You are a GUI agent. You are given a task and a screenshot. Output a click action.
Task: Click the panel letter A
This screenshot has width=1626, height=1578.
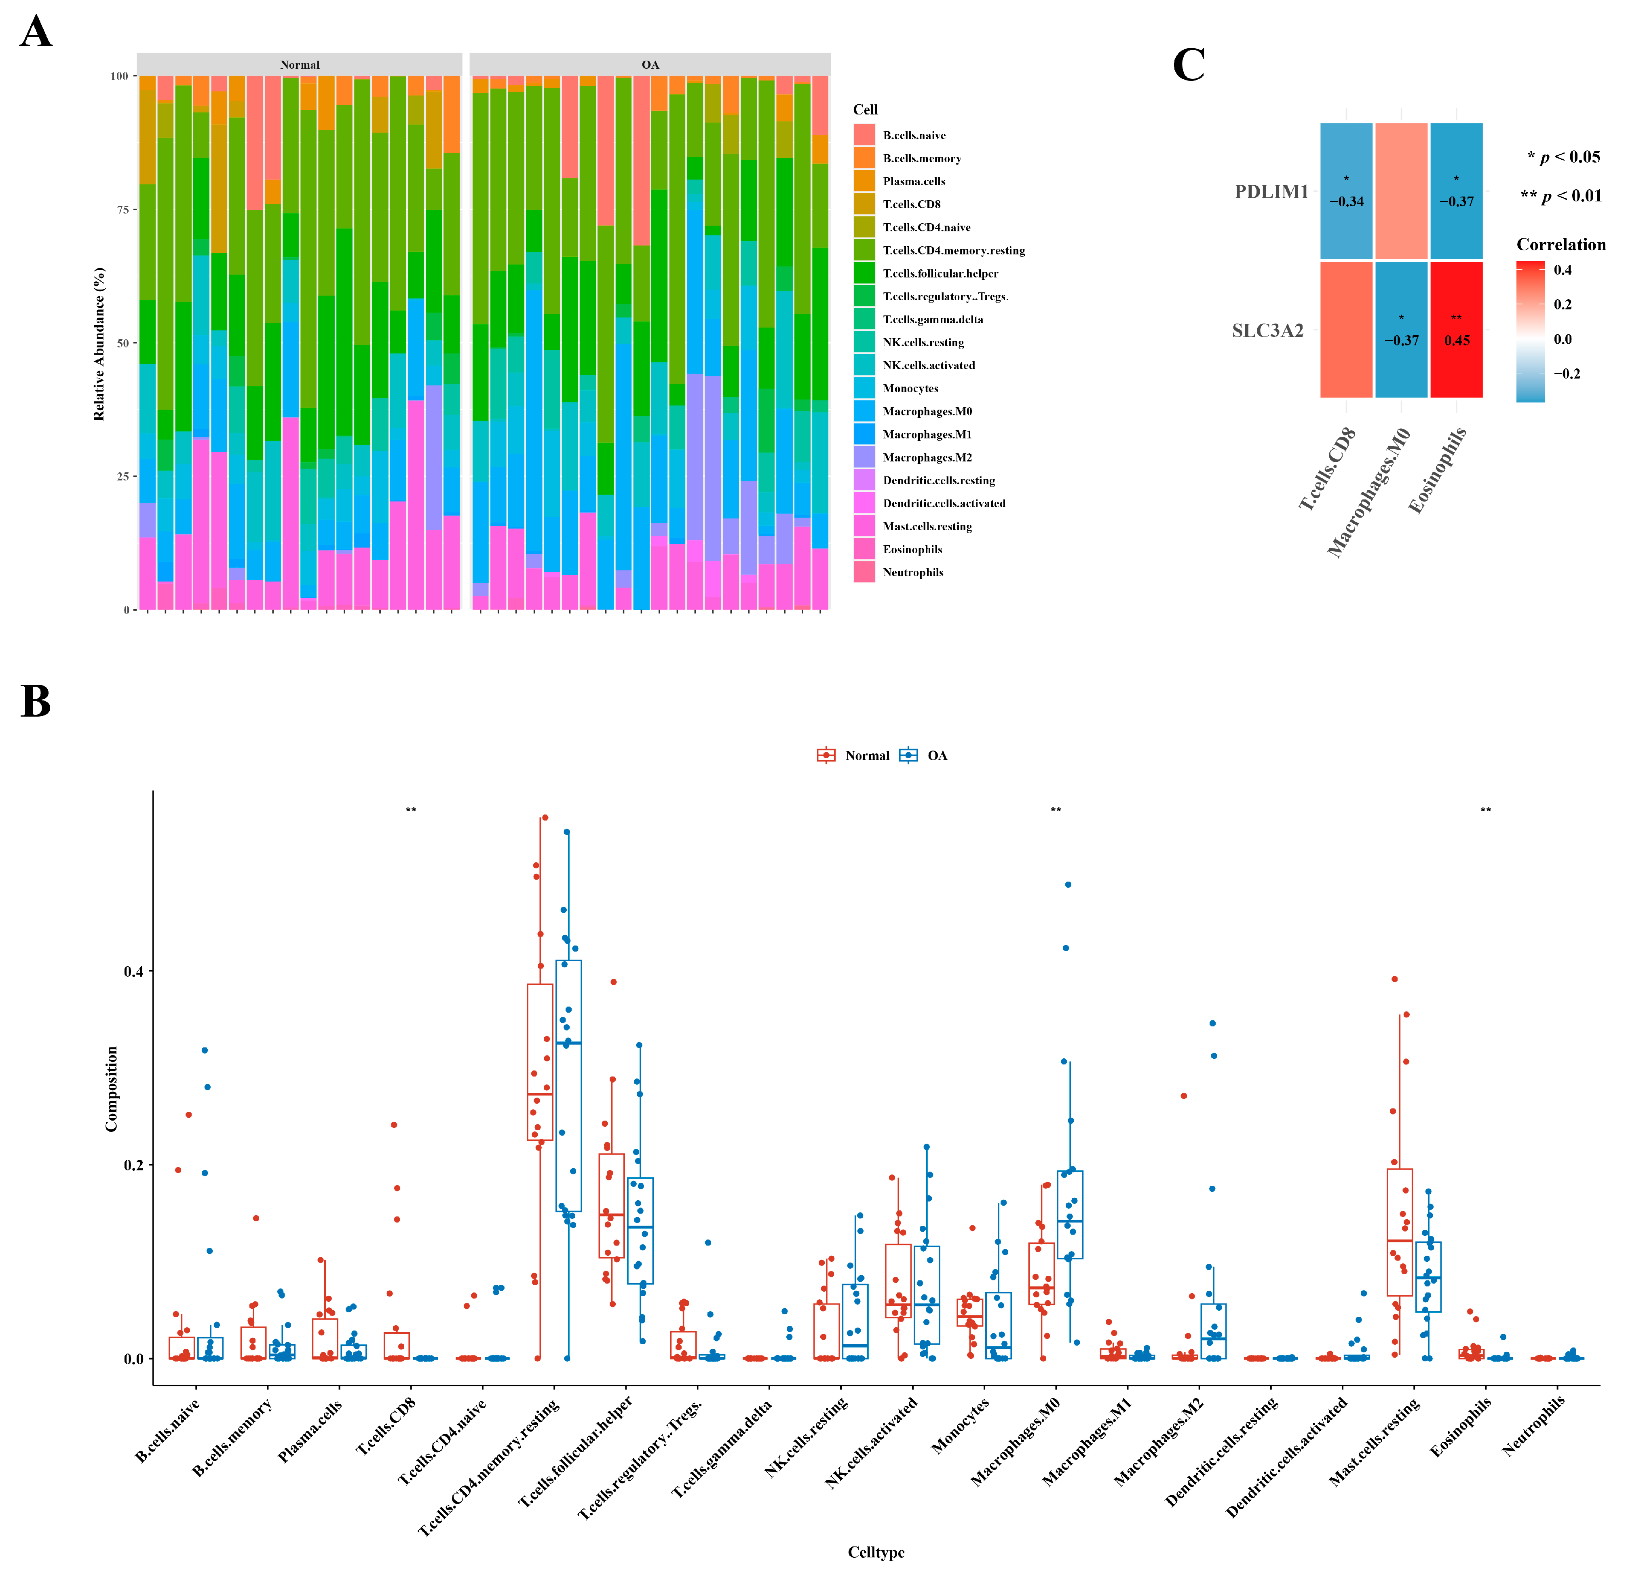(x=36, y=33)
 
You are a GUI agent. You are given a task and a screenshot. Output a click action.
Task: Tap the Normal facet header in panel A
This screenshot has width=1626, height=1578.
(x=300, y=65)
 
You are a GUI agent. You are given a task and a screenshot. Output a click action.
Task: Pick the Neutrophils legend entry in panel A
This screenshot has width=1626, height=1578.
(x=912, y=573)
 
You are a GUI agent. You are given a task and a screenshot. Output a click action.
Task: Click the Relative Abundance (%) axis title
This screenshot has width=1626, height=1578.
(x=99, y=343)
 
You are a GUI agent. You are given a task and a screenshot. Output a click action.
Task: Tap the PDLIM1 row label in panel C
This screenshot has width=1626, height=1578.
(x=1271, y=192)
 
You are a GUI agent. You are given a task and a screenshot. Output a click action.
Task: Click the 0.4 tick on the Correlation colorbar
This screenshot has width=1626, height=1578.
(x=1562, y=270)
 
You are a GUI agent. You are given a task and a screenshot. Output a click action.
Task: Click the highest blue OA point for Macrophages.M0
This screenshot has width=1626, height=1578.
(x=1068, y=884)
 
